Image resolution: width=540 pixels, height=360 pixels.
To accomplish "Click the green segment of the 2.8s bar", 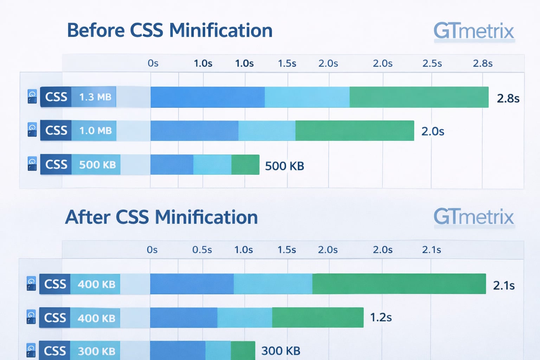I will (x=419, y=97).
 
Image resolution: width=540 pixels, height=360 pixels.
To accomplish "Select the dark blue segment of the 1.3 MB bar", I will (x=207, y=97).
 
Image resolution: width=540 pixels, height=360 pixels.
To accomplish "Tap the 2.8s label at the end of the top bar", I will (x=508, y=98).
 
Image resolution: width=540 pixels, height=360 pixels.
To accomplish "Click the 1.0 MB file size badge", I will (x=95, y=130).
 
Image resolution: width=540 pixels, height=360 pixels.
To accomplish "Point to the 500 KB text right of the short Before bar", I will (x=284, y=166).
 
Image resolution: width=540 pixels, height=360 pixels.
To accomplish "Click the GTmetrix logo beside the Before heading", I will (x=474, y=31).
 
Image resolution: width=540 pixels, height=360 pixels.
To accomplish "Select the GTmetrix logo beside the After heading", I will (x=474, y=217).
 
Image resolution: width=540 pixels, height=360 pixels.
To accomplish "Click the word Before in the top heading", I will (x=96, y=30).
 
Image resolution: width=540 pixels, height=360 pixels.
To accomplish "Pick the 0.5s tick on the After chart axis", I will (x=202, y=250).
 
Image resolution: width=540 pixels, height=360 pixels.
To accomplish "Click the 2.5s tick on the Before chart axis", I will (x=432, y=64).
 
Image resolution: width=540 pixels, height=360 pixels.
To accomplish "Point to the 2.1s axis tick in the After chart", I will (x=431, y=250).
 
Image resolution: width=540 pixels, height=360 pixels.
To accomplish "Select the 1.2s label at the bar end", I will (x=381, y=317).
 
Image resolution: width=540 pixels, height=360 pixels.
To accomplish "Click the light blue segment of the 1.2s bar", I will (x=244, y=317).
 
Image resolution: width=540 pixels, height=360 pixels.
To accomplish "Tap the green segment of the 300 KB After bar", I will (x=243, y=350).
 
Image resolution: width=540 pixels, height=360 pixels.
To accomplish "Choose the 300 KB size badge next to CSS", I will (x=96, y=351).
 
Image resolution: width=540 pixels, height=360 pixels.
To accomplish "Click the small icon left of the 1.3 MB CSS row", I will (x=32, y=97).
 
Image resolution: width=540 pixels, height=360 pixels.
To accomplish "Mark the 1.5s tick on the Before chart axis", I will (x=287, y=64).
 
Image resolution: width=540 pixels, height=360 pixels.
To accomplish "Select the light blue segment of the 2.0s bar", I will (x=266, y=130).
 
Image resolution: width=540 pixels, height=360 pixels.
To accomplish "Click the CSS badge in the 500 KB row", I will (x=56, y=164).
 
